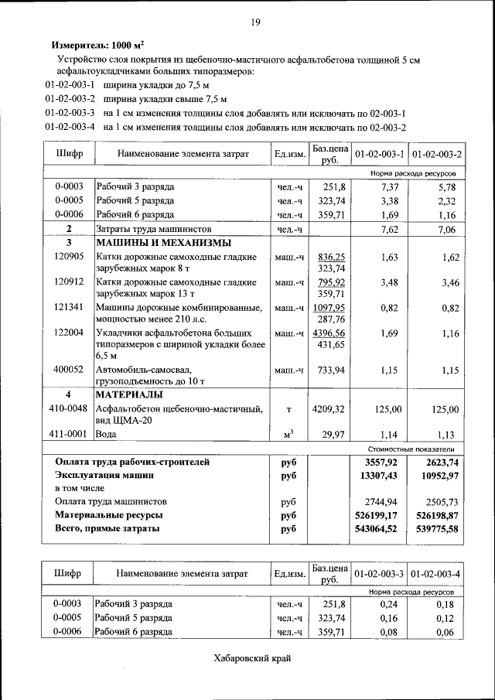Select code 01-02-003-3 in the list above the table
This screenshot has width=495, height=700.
(70, 113)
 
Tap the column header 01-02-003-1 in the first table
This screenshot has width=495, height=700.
(379, 155)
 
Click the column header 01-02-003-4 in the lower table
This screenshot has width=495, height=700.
(435, 574)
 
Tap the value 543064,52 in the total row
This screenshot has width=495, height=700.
(380, 529)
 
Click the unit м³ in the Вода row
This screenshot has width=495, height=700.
(288, 435)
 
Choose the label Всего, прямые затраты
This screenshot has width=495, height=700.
(107, 529)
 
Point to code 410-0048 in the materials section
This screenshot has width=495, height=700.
(68, 408)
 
